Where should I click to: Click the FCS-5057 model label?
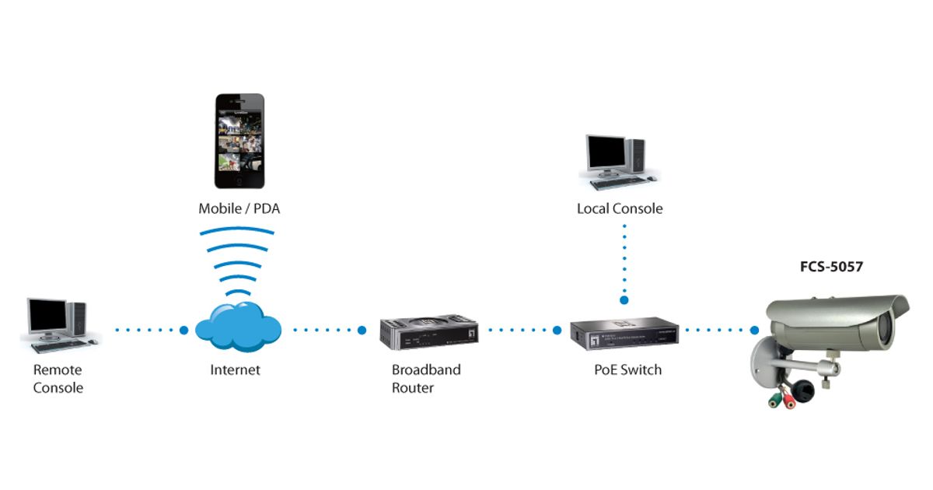(x=831, y=267)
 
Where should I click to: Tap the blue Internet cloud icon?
(x=238, y=326)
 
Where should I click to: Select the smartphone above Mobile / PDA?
(x=239, y=142)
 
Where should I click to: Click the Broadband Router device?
(x=428, y=331)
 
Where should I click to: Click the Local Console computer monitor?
(x=606, y=156)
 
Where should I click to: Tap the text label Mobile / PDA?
(x=239, y=208)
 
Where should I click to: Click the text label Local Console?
(x=620, y=208)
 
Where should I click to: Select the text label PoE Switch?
(x=627, y=369)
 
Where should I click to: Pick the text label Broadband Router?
(x=425, y=378)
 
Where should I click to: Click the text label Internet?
(x=235, y=370)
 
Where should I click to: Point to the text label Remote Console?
(x=58, y=378)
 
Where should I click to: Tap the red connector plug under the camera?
(x=791, y=401)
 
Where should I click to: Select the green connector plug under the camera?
(x=774, y=401)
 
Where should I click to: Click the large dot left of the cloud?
(x=183, y=331)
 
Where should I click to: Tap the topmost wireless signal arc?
(x=237, y=230)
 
